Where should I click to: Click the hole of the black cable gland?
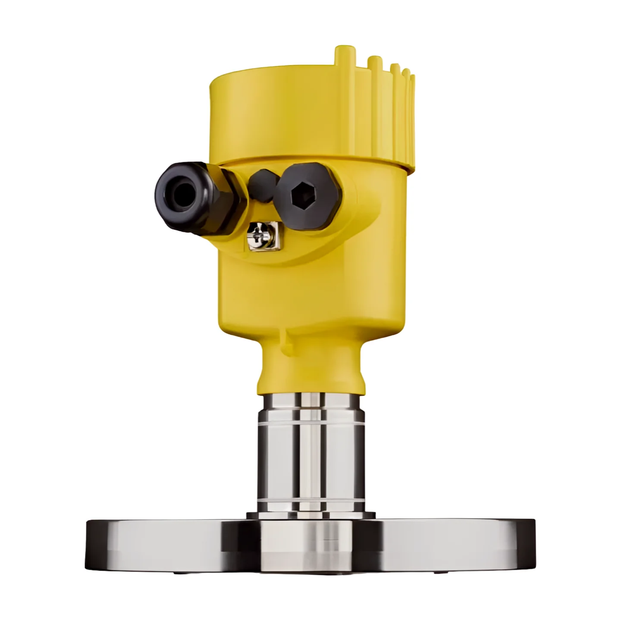click(x=180, y=190)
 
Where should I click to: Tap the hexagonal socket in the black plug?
click(x=301, y=197)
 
